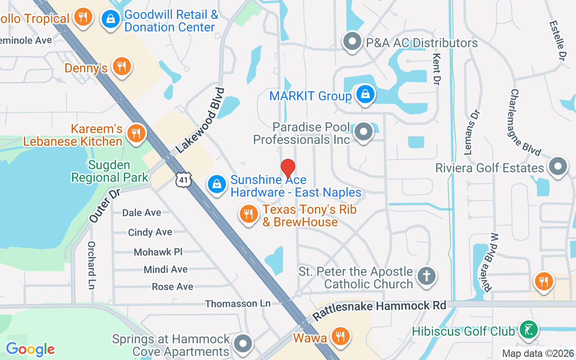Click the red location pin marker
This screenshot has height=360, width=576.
(288, 169)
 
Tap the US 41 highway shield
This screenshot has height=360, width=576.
(184, 179)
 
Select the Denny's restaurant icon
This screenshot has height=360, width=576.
(121, 66)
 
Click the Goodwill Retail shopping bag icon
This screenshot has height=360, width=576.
(109, 19)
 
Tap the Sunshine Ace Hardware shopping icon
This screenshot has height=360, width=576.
(217, 184)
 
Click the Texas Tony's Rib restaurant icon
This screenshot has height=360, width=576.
(248, 213)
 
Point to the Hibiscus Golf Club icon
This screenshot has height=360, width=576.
(529, 329)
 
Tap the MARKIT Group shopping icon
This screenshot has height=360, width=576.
(366, 94)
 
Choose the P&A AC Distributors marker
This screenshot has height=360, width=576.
(352, 42)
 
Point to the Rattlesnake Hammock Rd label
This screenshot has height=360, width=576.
(379, 310)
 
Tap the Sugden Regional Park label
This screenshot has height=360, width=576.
(110, 171)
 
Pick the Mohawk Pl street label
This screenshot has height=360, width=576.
(158, 252)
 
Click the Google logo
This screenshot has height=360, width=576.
(30, 349)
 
